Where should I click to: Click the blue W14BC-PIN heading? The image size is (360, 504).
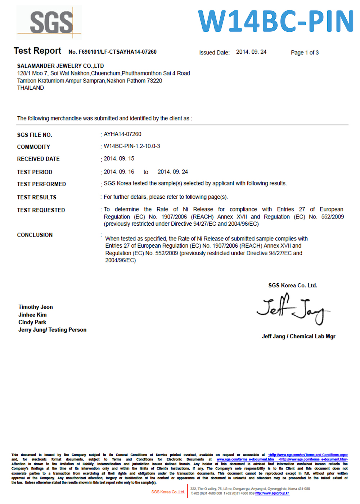click(x=276, y=22)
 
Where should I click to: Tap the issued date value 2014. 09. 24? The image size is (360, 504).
click(x=251, y=52)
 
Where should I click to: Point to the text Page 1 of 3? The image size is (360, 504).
click(x=305, y=53)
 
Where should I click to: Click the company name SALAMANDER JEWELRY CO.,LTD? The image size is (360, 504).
click(x=60, y=66)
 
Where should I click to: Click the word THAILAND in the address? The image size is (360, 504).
click(x=31, y=88)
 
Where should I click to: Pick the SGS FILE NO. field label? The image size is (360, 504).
click(x=35, y=135)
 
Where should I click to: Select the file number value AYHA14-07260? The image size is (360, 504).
click(x=122, y=134)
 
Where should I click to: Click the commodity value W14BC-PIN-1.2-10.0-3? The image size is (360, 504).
click(x=132, y=146)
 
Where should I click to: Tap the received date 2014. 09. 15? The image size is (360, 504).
click(x=119, y=158)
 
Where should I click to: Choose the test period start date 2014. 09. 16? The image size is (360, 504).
click(x=119, y=172)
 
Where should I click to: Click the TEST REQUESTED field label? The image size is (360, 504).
click(x=41, y=210)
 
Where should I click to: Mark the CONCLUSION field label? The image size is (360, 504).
click(x=35, y=235)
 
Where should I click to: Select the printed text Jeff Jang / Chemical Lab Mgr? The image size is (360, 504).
click(x=298, y=336)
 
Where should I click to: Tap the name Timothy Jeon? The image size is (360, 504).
click(x=36, y=307)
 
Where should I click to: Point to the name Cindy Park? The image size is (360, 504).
click(x=32, y=322)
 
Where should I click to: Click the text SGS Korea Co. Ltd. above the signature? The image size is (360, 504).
click(x=293, y=285)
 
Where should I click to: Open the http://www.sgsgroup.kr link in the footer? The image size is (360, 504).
click(x=272, y=494)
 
